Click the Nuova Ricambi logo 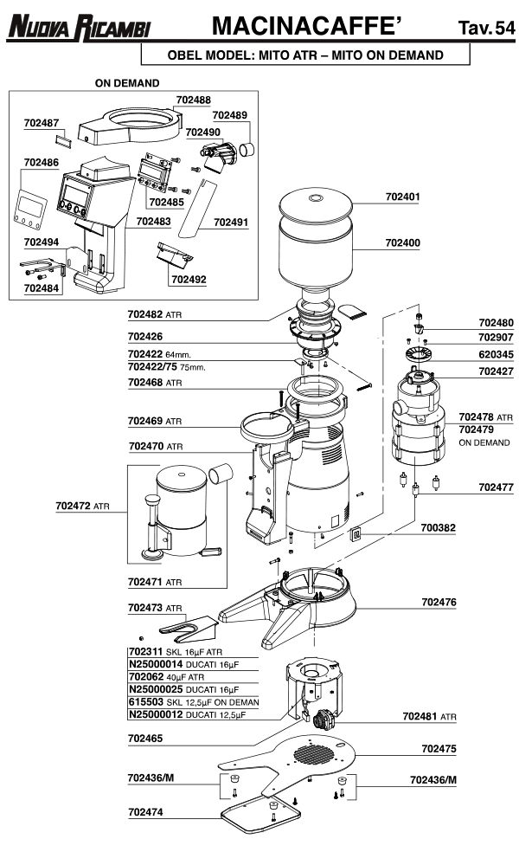(x=79, y=29)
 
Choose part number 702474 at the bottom (x=149, y=813)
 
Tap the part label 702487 (x=42, y=124)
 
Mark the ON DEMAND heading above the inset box (x=127, y=83)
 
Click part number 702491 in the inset (x=231, y=222)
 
